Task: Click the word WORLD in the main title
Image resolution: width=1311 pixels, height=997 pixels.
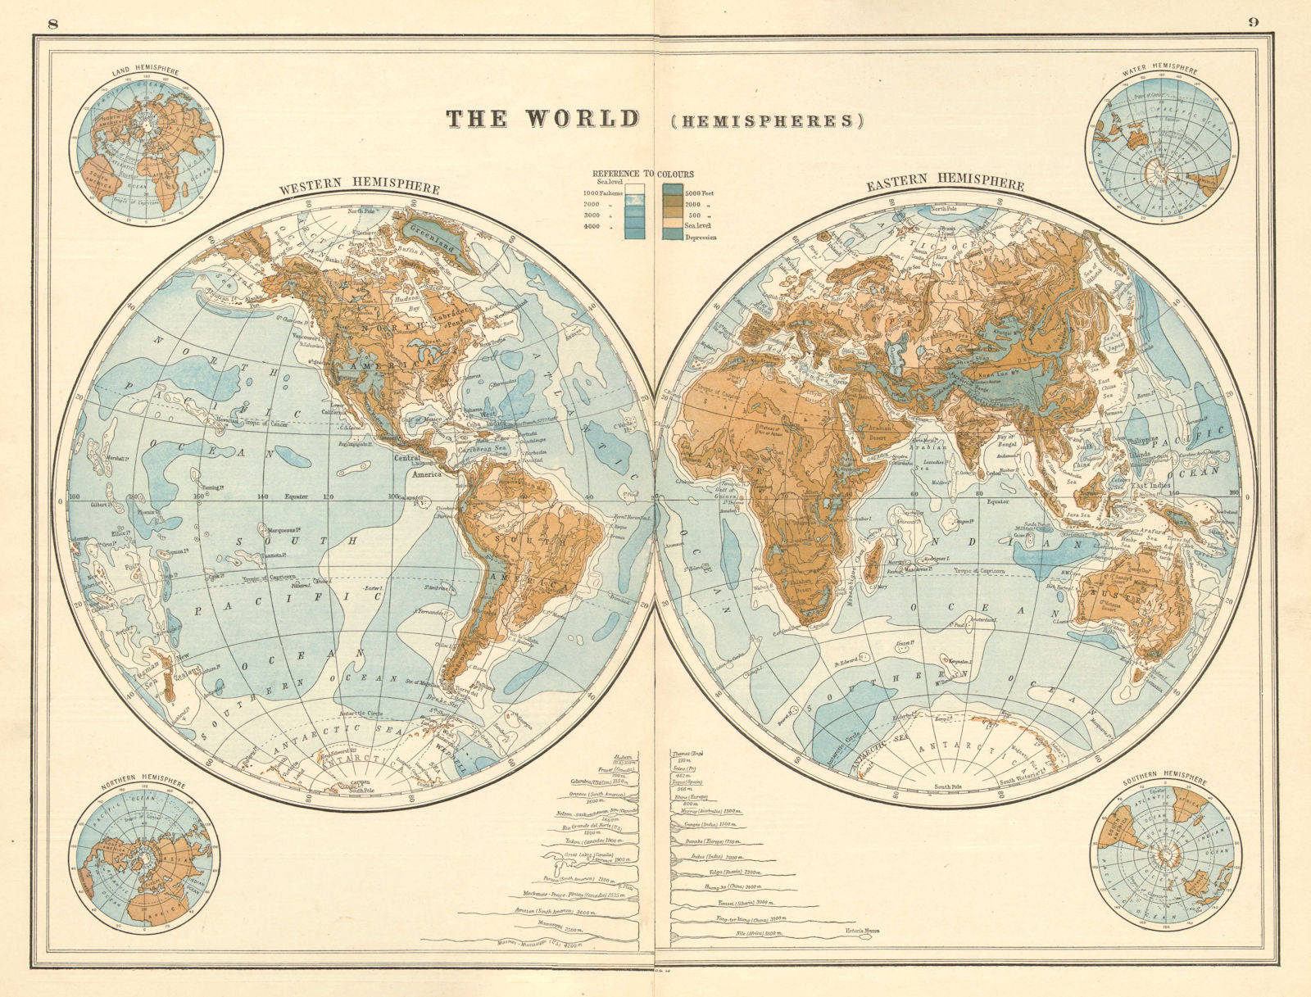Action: [582, 119]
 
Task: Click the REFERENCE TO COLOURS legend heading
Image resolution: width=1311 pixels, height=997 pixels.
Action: [642, 174]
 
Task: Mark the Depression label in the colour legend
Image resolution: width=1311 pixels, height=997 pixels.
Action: [700, 238]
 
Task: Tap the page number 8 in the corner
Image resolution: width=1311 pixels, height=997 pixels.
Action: [54, 22]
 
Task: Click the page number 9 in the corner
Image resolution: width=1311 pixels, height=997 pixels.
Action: [1254, 22]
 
